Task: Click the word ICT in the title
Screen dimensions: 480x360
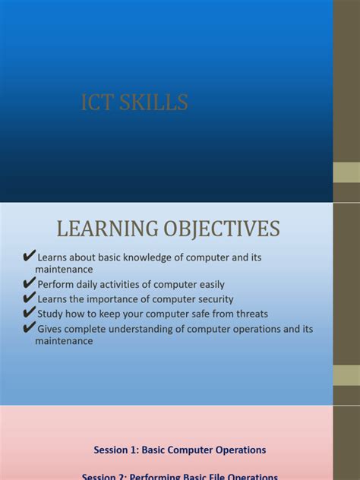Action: (x=96, y=103)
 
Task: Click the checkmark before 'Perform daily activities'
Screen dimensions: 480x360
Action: (x=30, y=283)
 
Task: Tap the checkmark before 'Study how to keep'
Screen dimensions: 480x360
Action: (x=30, y=313)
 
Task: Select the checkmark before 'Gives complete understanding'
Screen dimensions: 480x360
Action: (x=30, y=328)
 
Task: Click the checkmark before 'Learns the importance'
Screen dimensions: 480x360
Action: (x=30, y=298)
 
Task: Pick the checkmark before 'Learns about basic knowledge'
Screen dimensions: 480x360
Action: (x=30, y=256)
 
